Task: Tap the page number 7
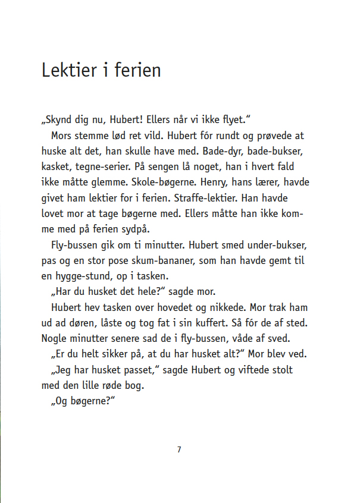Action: [x=179, y=449]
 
